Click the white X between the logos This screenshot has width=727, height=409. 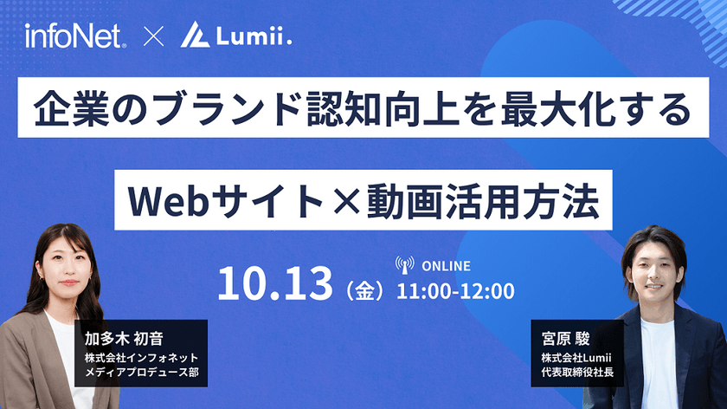click(154, 37)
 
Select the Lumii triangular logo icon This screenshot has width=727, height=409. click(195, 36)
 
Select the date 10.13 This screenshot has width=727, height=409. click(275, 282)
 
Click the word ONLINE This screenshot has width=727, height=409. click(446, 266)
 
